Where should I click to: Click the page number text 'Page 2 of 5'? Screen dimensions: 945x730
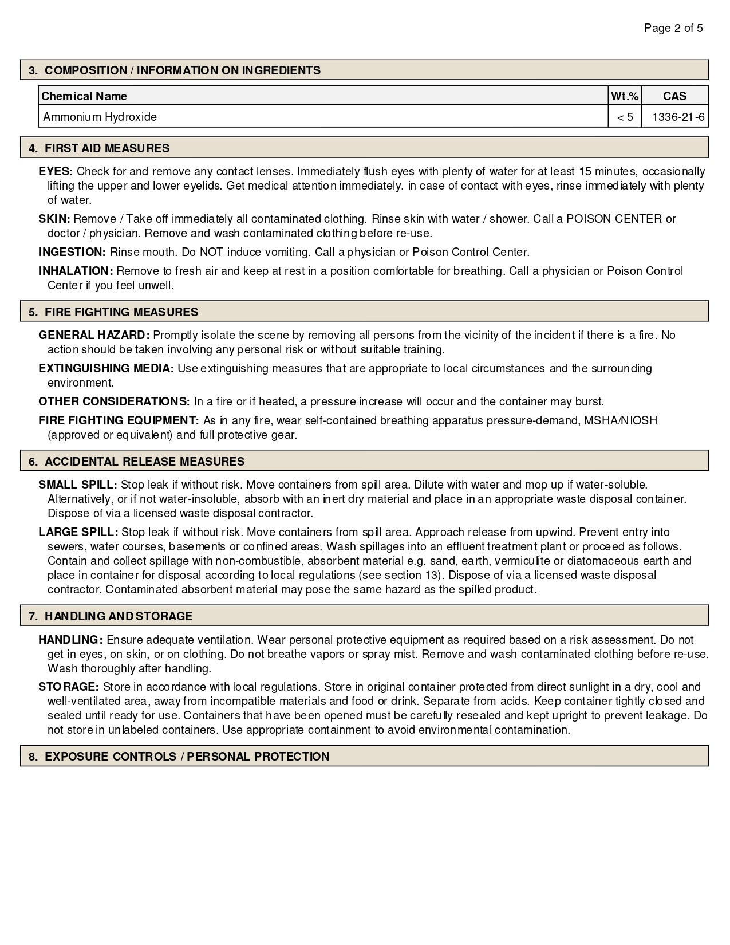pos(673,28)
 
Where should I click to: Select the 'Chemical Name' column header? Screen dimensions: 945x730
pos(84,96)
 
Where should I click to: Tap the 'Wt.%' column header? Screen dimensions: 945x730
pos(625,96)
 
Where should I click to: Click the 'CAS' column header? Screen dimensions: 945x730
pos(674,96)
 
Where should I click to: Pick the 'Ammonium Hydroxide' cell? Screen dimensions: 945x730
pos(100,117)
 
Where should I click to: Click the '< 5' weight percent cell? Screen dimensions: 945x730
pos(625,117)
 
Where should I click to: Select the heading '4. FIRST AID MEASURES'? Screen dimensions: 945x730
pos(99,148)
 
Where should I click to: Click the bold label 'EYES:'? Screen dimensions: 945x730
pos(56,171)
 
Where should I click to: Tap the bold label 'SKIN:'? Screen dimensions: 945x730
pos(54,219)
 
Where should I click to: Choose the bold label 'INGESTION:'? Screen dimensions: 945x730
pos(72,252)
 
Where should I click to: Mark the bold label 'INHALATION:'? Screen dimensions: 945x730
pos(76,271)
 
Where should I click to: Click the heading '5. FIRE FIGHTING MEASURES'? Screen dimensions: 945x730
pos(113,312)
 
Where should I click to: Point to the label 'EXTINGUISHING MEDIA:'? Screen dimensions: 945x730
pos(106,368)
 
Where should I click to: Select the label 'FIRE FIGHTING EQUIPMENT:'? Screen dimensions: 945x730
pos(119,420)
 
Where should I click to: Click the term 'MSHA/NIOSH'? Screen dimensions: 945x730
pos(621,420)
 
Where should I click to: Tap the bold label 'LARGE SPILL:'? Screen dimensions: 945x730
pos(78,532)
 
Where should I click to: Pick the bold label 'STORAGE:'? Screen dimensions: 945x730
pos(69,687)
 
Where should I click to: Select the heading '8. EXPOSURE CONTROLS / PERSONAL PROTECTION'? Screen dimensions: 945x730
pos(179,757)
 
